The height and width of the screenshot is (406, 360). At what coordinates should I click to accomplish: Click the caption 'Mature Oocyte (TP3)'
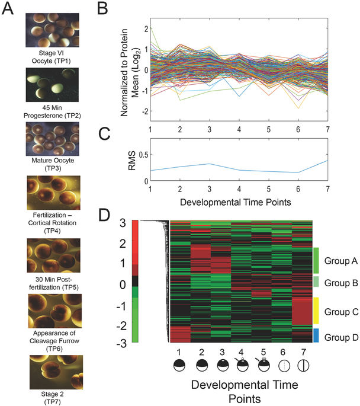50,165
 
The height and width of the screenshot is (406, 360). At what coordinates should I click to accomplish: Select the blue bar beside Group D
316,335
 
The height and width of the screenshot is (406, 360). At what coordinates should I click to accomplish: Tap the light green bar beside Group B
316,283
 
